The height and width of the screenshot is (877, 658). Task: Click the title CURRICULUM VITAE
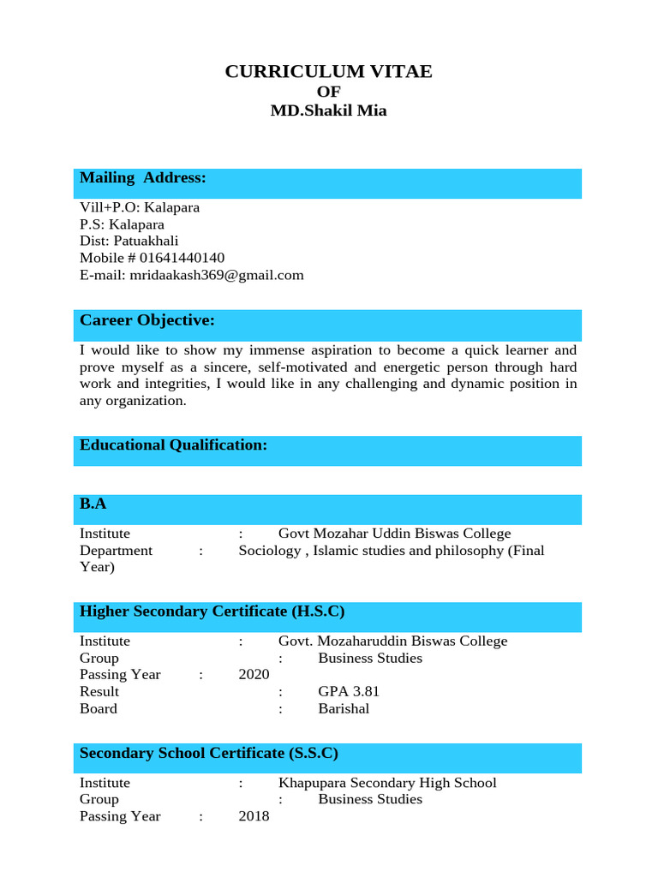[x=328, y=72]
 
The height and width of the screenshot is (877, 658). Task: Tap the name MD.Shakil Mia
[x=328, y=110]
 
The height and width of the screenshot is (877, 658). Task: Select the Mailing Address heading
[x=143, y=178]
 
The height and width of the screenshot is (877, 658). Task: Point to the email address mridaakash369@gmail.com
[x=215, y=275]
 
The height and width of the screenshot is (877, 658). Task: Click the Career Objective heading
[x=147, y=320]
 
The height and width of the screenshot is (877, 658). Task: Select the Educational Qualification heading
[x=174, y=445]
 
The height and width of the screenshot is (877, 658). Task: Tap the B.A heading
[x=93, y=504]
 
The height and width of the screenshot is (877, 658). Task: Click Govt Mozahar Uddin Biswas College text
[x=394, y=534]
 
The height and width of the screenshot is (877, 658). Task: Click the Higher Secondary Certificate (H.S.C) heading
[x=212, y=612]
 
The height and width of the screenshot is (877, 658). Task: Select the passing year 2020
[x=254, y=675]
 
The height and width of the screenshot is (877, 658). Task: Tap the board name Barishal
[x=344, y=708]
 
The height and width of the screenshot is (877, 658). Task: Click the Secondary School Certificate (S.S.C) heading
[x=209, y=754]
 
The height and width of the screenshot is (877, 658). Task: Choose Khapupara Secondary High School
[x=387, y=783]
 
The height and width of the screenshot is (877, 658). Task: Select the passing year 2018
[x=254, y=816]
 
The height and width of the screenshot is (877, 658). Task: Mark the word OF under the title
[x=328, y=92]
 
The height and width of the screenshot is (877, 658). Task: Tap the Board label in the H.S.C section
[x=99, y=708]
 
